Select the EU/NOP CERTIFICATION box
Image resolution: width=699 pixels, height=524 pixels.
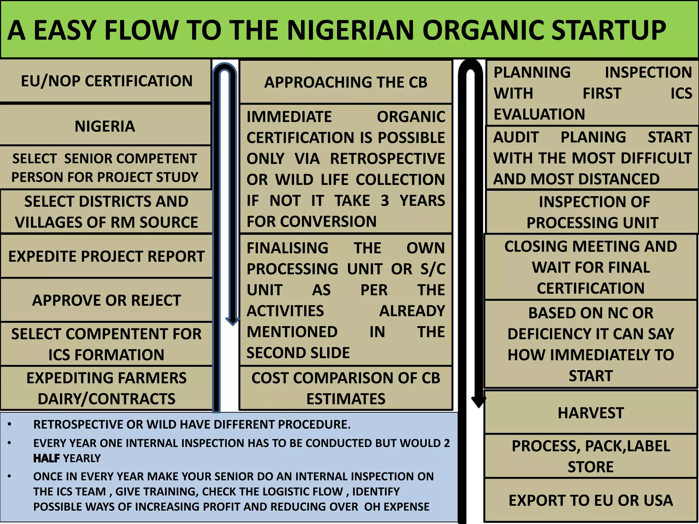click(106, 81)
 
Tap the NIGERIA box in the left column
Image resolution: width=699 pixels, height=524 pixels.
click(105, 126)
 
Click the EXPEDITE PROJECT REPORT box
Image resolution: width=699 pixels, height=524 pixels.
click(106, 257)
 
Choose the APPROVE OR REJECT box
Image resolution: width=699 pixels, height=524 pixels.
click(106, 301)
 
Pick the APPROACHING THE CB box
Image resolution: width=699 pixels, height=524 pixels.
click(346, 82)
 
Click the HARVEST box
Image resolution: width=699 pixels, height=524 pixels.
click(590, 413)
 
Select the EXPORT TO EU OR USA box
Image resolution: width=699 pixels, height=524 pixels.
click(590, 500)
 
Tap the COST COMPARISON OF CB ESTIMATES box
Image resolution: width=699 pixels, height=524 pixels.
click(346, 388)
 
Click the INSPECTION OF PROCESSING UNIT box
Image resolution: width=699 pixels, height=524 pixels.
click(593, 212)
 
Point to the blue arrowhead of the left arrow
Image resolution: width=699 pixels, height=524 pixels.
click(232, 321)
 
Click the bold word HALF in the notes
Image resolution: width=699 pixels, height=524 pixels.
click(46, 458)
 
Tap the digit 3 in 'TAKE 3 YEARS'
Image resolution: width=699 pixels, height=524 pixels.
click(385, 201)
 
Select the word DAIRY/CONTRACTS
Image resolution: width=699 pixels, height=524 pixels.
click(106, 399)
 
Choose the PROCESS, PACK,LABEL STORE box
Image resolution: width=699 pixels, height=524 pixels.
click(590, 456)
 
